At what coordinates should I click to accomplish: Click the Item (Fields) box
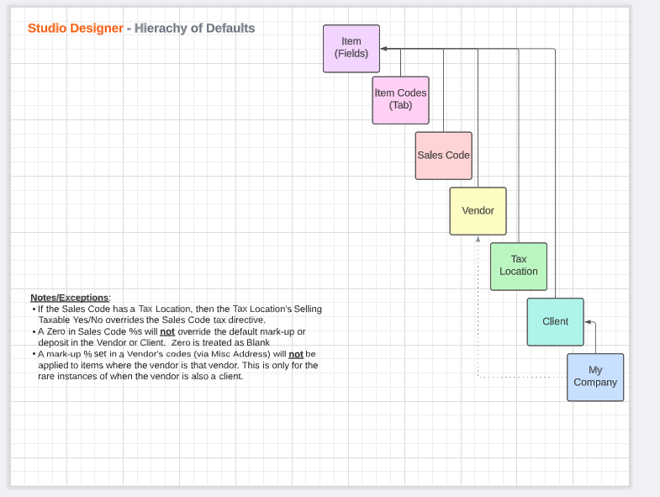[x=351, y=49]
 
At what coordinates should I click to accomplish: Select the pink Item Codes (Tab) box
[x=401, y=100]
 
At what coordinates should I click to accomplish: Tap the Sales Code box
[x=444, y=156]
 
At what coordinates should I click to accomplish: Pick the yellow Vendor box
[x=478, y=211]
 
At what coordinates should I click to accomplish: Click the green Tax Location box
[x=519, y=267]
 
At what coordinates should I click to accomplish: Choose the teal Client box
[x=556, y=322]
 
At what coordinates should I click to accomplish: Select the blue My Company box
[x=595, y=377]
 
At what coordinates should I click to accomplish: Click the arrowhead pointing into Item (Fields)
[x=383, y=49]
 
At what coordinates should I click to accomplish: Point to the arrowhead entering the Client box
[x=588, y=322]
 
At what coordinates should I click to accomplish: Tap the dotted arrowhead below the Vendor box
[x=478, y=239]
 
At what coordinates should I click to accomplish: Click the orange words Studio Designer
[x=76, y=29]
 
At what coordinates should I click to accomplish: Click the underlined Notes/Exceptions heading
[x=70, y=298]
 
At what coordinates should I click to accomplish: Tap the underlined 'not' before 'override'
[x=167, y=331]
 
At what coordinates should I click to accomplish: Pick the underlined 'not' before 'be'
[x=296, y=354]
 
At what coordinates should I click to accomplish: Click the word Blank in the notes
[x=258, y=342]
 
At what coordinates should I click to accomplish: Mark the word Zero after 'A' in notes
[x=56, y=331]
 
